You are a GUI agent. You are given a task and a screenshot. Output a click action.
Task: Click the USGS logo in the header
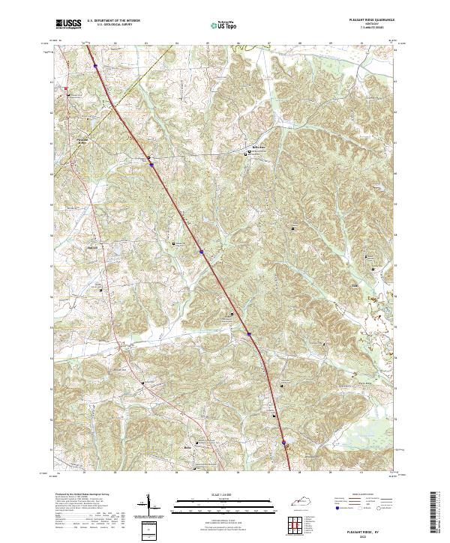(68, 24)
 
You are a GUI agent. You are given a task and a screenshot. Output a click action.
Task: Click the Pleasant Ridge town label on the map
(82, 139)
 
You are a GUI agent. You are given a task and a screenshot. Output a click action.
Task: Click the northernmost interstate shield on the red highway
(95, 66)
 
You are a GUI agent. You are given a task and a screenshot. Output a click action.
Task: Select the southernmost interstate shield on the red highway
(283, 443)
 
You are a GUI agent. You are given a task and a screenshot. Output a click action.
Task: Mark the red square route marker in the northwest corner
(66, 88)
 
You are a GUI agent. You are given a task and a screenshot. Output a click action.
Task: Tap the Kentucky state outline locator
(301, 501)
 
